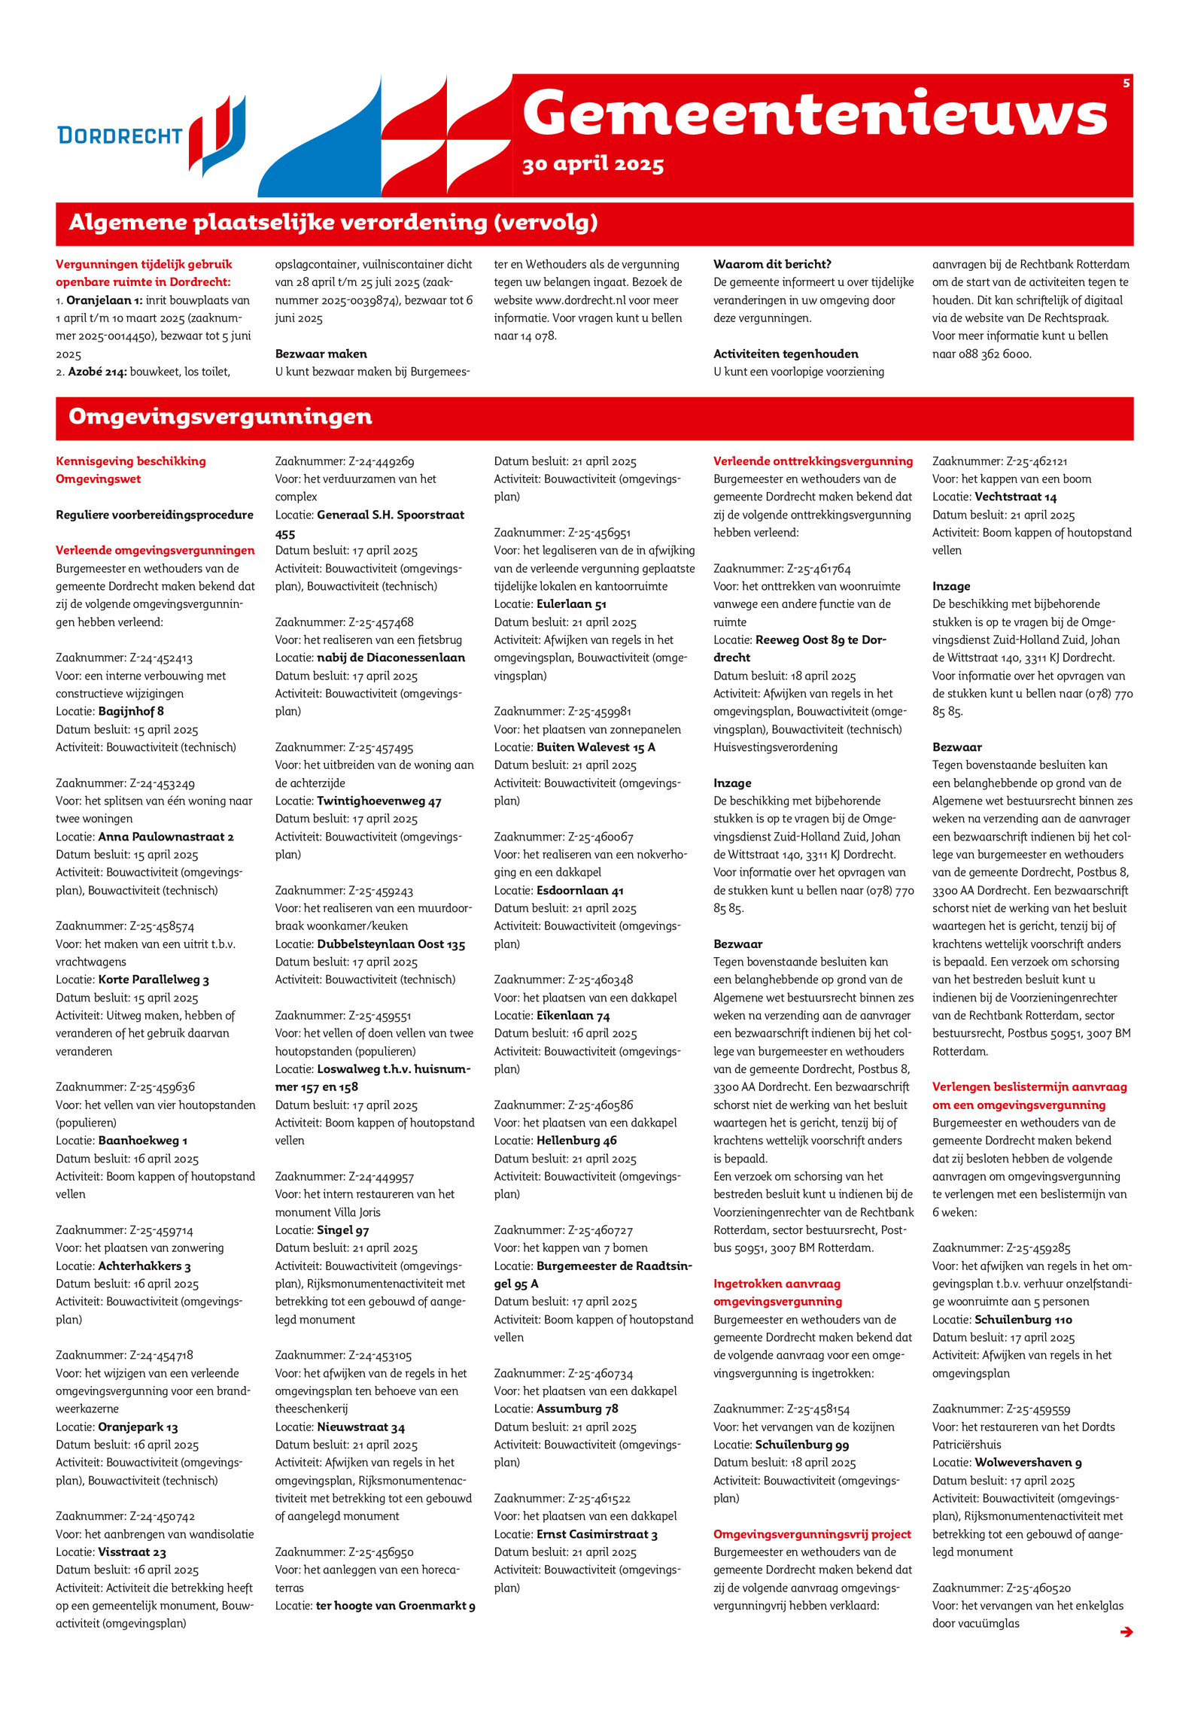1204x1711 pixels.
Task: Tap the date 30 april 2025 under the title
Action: pyautogui.click(x=593, y=164)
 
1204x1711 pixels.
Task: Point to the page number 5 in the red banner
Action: pyautogui.click(x=1126, y=83)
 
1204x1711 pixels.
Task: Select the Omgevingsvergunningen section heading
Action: pyautogui.click(x=220, y=417)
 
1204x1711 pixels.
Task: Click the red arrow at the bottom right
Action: pyautogui.click(x=1126, y=1631)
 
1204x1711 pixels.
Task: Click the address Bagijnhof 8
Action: pyautogui.click(x=131, y=711)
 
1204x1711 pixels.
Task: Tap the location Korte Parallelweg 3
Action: pyautogui.click(x=154, y=980)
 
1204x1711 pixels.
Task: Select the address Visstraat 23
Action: pyautogui.click(x=132, y=1551)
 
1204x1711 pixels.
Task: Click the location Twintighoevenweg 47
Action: pyautogui.click(x=379, y=801)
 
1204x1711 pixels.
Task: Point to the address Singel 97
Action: pyautogui.click(x=342, y=1230)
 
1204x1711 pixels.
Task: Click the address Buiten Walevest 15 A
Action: pyautogui.click(x=595, y=747)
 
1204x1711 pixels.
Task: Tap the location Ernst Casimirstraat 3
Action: pyautogui.click(x=597, y=1534)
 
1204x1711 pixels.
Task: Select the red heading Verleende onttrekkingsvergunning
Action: pyautogui.click(x=813, y=461)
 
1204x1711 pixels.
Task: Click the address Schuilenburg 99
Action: pyautogui.click(x=801, y=1445)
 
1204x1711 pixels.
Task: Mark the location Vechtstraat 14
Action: pyautogui.click(x=1015, y=497)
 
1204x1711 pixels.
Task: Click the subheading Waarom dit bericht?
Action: pyautogui.click(x=772, y=264)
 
